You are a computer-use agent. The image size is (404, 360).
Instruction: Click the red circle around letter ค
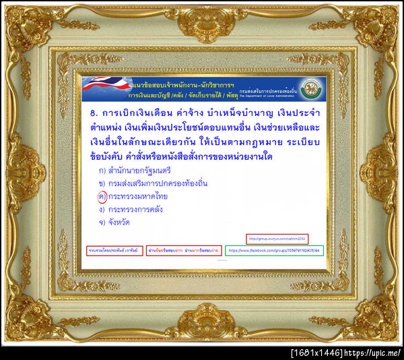point(102,196)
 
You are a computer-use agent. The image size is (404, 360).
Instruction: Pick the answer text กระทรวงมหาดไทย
point(138,196)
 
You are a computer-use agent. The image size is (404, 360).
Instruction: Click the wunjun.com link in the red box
point(277,238)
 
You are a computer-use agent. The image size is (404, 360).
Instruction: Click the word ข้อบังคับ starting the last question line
point(111,157)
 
